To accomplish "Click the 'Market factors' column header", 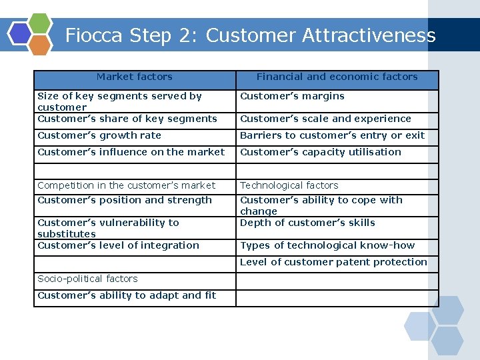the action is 134,77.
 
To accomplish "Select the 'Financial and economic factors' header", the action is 337,77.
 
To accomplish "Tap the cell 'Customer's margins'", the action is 292,96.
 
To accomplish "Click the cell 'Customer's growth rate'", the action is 99,135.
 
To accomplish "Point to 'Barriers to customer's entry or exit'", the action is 332,135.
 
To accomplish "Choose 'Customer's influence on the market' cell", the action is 131,152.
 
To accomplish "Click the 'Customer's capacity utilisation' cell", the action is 321,152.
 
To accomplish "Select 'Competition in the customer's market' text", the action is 127,185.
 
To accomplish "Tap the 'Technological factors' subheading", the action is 289,185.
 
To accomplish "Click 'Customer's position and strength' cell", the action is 125,200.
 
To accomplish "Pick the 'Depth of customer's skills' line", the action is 307,223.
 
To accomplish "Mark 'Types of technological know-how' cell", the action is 327,245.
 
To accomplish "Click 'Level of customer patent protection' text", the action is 333,262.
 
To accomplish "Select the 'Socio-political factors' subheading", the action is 87,279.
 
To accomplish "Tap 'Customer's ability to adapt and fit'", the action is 127,295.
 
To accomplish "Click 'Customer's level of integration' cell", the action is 118,245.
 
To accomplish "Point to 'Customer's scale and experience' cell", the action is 325,119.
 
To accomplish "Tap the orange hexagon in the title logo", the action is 40,45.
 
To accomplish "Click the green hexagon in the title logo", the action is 40,24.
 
